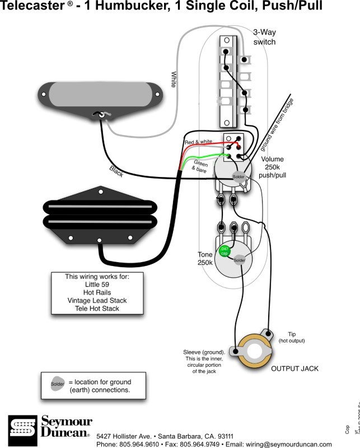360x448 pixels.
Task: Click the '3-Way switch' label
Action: click(264, 38)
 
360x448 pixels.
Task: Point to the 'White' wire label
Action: click(174, 79)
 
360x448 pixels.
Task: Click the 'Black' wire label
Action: click(118, 169)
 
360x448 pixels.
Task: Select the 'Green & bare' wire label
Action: click(200, 166)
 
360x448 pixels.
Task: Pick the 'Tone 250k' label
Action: click(205, 259)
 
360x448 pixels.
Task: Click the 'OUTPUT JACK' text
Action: click(294, 368)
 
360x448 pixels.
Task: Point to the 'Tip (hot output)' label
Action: click(296, 337)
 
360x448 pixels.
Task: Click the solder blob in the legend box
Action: click(58, 384)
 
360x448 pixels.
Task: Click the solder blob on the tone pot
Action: click(239, 260)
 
